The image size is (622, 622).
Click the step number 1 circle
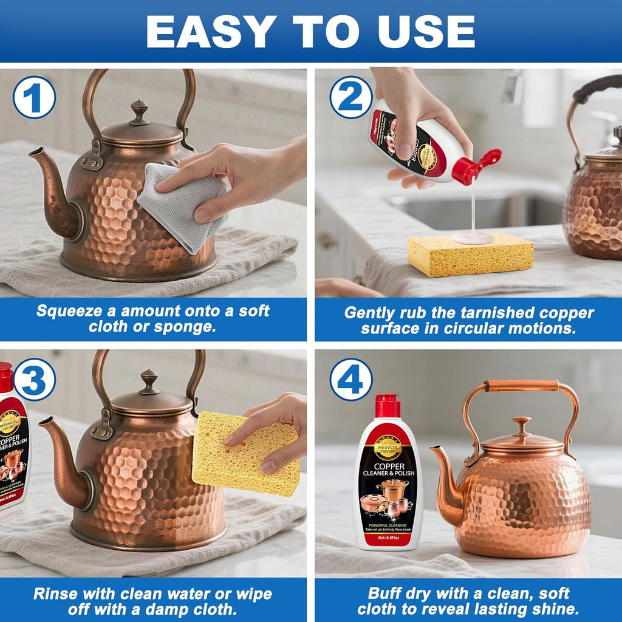35,97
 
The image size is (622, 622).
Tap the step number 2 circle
351,97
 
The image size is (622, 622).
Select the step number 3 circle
35,380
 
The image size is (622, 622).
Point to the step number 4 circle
351,380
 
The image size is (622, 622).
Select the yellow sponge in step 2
470,255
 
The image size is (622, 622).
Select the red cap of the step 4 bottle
387,406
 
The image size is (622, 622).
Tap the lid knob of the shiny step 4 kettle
521,425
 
